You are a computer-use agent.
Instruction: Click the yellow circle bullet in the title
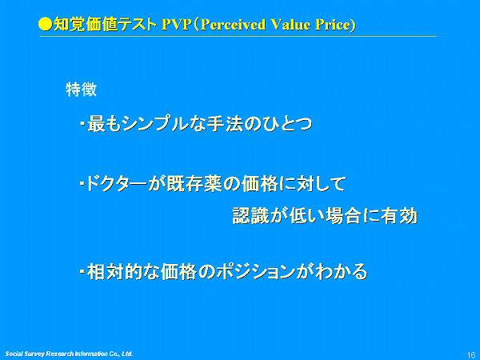[x=46, y=25]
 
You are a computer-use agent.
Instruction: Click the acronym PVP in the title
[x=176, y=25]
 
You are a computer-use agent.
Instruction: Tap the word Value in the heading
[x=291, y=25]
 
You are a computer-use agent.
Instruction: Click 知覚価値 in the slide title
[x=86, y=25]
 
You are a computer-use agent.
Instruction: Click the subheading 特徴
[x=81, y=90]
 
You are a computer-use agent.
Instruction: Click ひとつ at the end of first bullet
[x=287, y=124]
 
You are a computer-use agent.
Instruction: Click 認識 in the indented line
[x=250, y=215]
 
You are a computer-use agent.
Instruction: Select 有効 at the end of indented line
[x=399, y=215]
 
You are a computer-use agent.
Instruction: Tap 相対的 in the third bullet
[x=114, y=271]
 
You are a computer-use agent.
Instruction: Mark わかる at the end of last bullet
[x=342, y=271]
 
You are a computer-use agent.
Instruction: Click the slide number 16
[x=471, y=354]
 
